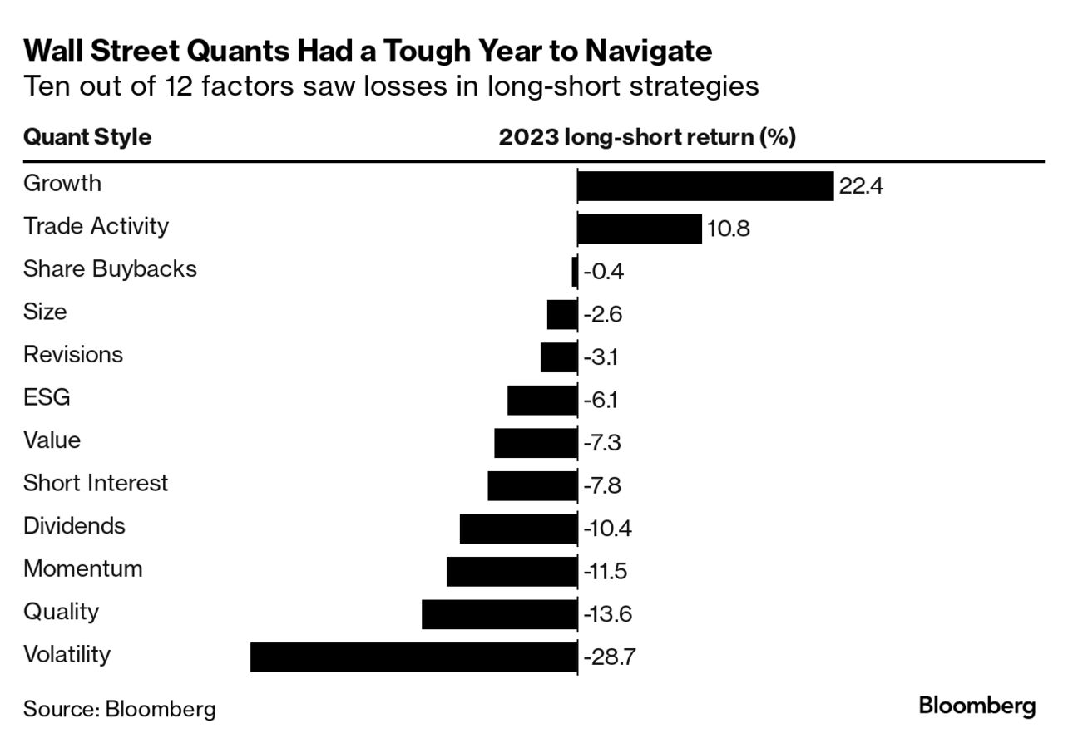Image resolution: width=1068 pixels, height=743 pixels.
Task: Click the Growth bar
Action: pyautogui.click(x=705, y=186)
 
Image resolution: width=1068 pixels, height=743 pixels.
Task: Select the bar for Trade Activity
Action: pyautogui.click(x=639, y=229)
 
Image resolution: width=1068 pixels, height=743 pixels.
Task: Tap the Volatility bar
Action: pyautogui.click(x=413, y=657)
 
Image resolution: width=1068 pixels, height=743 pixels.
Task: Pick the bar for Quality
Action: pyautogui.click(x=499, y=614)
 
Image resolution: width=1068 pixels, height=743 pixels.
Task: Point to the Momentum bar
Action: pyautogui.click(x=512, y=571)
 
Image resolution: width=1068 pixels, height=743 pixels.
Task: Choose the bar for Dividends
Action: pyautogui.click(x=518, y=529)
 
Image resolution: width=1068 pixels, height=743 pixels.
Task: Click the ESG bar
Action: pyautogui.click(x=541, y=400)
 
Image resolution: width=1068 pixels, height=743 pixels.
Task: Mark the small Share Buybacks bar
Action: pyautogui.click(x=574, y=272)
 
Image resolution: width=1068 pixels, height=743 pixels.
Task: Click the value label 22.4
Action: pyautogui.click(x=860, y=186)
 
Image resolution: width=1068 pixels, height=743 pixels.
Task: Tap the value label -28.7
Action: pyautogui.click(x=610, y=657)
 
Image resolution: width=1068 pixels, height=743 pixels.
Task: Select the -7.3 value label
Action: pyautogui.click(x=601, y=443)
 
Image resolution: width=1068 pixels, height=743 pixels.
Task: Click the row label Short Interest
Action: pyautogui.click(x=96, y=483)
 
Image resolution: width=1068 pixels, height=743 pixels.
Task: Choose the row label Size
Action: pyautogui.click(x=45, y=312)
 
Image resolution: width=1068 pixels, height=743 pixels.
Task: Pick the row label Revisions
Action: pyautogui.click(x=73, y=355)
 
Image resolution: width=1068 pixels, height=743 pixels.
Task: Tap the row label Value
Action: pyautogui.click(x=52, y=440)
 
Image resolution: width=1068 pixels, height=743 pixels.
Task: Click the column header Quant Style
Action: pyautogui.click(x=87, y=137)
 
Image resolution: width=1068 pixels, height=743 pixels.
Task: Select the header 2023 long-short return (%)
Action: pyautogui.click(x=647, y=137)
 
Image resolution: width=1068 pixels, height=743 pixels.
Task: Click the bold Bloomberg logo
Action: pyautogui.click(x=977, y=706)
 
